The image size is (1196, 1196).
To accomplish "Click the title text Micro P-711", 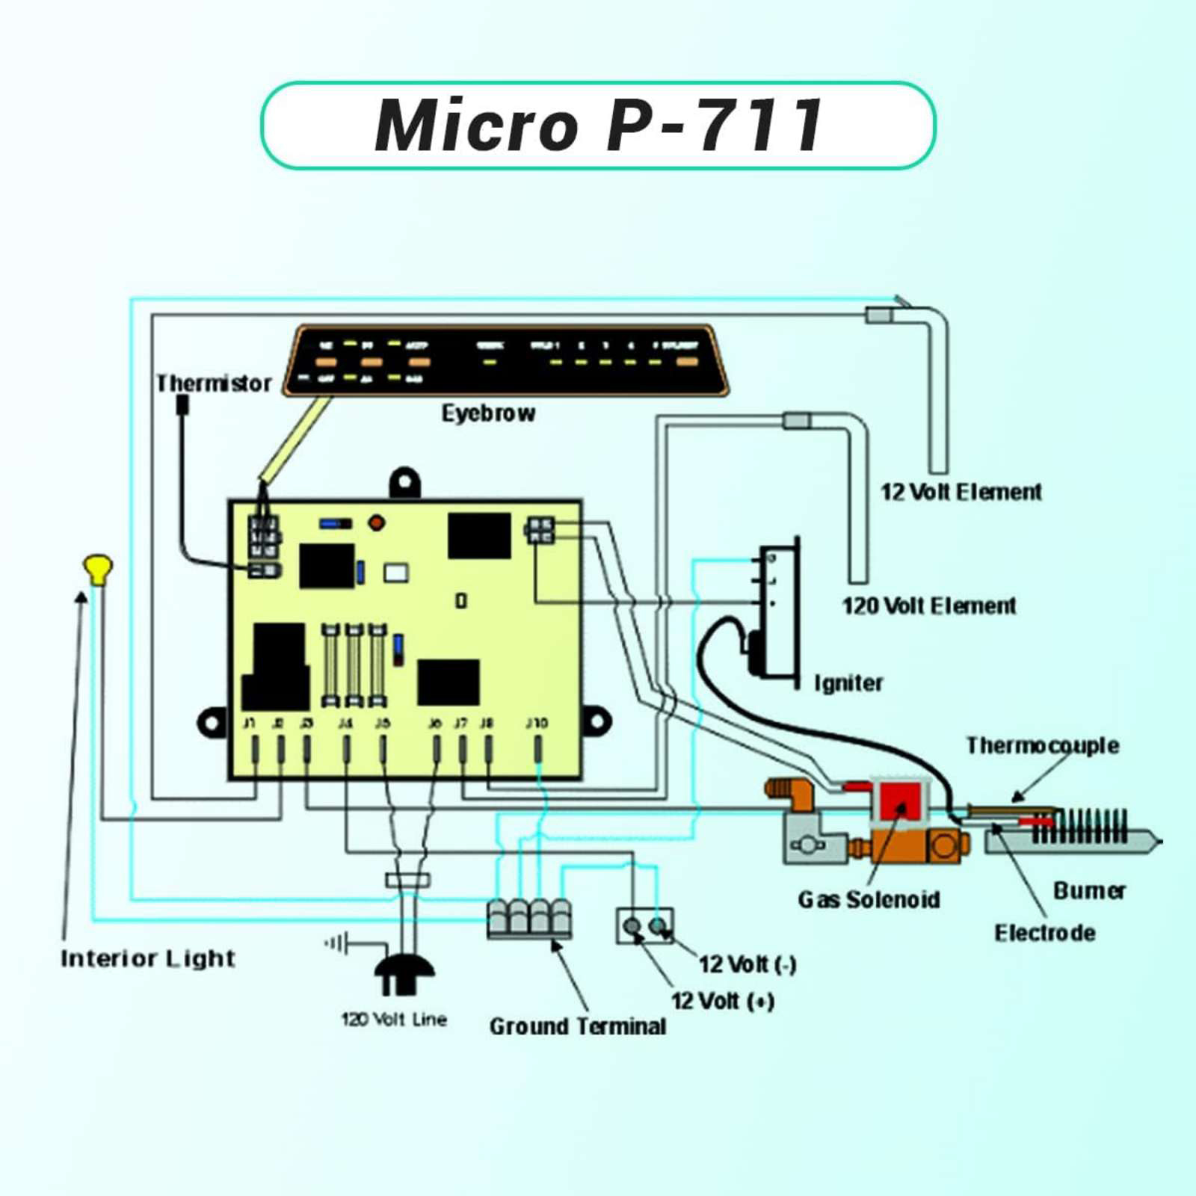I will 598,125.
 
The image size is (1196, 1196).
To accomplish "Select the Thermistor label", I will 214,383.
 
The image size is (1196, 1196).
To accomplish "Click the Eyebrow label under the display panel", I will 488,413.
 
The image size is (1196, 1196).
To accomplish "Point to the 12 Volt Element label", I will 961,492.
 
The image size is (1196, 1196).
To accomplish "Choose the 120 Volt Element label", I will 929,605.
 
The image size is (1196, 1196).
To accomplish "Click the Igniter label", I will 848,682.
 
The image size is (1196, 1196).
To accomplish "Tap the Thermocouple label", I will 1042,745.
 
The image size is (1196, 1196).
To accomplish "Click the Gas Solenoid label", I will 869,899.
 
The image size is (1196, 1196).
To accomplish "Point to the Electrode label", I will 1044,933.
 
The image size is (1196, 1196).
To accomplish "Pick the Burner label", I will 1089,890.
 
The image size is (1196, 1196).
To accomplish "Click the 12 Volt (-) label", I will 747,964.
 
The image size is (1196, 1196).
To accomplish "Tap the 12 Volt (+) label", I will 722,1001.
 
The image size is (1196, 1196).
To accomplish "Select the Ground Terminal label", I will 578,1026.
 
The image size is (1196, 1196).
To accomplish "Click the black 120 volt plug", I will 404,972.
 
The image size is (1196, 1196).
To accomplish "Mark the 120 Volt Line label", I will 394,1019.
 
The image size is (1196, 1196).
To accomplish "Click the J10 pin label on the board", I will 537,723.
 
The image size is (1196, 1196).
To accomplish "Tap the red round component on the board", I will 377,523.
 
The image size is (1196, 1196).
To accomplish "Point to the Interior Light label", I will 148,958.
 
